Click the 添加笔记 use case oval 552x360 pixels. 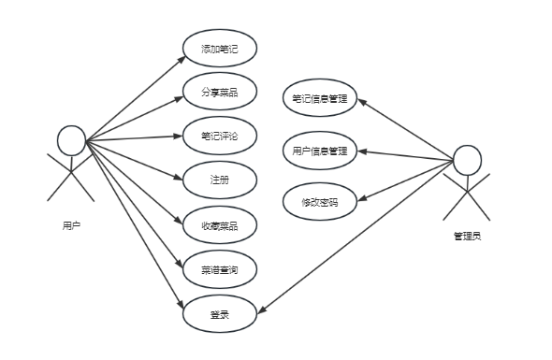pos(220,49)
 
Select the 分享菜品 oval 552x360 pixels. pos(220,92)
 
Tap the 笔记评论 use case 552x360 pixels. pos(220,136)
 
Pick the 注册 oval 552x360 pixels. pos(220,180)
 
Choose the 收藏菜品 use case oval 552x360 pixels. pos(220,224)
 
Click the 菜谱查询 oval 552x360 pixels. pos(220,269)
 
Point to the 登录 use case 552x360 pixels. pos(220,314)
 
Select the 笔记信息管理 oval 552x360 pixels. pos(320,98)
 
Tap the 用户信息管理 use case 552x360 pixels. pos(320,151)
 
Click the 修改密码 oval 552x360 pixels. pos(320,202)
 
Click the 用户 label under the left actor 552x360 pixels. pos(71,225)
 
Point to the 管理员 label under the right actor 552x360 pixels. pos(467,236)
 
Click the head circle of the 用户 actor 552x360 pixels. pos(71,140)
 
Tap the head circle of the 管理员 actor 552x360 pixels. pos(467,160)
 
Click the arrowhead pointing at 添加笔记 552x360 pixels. pos(182,59)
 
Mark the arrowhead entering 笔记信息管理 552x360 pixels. pos(362,103)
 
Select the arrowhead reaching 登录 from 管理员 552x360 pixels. pos(262,310)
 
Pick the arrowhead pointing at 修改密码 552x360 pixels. pos(362,198)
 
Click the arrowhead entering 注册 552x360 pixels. pos(178,177)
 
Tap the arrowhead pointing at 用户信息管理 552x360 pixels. pos(362,151)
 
